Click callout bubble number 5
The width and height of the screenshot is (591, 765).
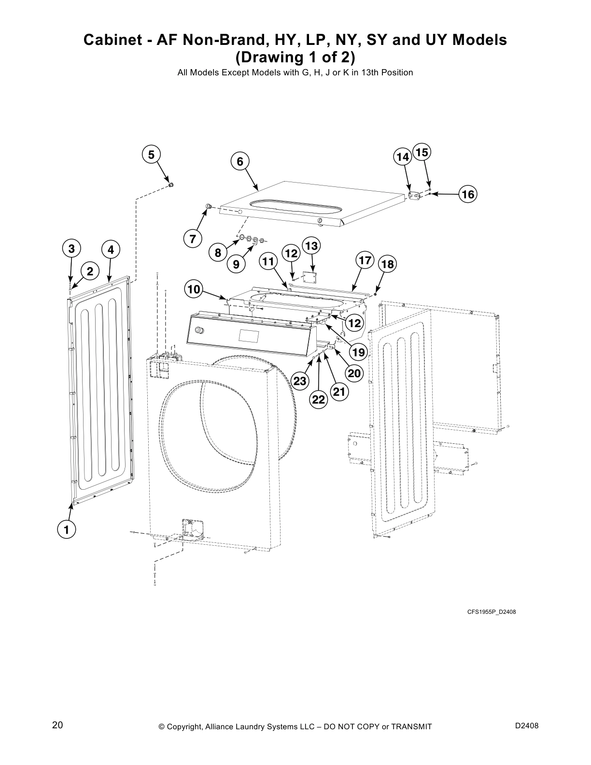click(151, 155)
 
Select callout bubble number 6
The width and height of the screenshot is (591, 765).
click(240, 161)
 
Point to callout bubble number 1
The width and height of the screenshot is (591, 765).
click(66, 530)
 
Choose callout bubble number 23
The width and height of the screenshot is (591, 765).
click(300, 381)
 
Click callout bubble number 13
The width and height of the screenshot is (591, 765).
click(311, 246)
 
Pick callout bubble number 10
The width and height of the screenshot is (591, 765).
click(194, 290)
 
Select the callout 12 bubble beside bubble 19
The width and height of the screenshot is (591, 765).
click(355, 323)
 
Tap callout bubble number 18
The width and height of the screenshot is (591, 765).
click(387, 264)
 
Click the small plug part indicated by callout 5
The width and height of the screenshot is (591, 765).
click(170, 184)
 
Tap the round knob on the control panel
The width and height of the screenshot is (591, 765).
click(197, 331)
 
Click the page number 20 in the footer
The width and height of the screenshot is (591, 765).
click(57, 725)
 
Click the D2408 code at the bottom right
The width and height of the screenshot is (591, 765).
click(527, 726)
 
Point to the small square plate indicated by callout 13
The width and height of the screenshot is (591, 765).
click(308, 276)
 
